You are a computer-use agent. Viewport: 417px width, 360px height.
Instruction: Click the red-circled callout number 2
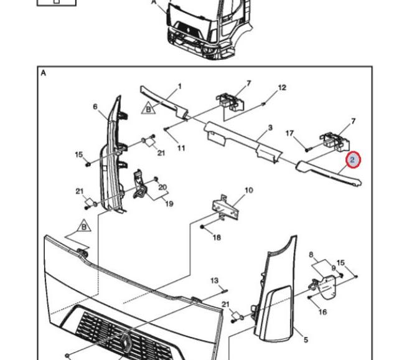pyautogui.click(x=353, y=159)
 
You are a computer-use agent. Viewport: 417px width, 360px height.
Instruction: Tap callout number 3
pyautogui.click(x=270, y=128)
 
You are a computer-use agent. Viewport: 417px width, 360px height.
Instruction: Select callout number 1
pyautogui.click(x=179, y=87)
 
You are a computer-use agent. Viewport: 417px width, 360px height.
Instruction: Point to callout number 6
pyautogui.click(x=95, y=107)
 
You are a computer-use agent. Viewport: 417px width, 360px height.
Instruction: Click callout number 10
pyautogui.click(x=249, y=190)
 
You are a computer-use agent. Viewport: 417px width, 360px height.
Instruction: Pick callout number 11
pyautogui.click(x=181, y=148)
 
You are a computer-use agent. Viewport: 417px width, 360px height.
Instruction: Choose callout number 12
pyautogui.click(x=282, y=88)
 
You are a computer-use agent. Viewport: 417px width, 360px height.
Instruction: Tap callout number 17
pyautogui.click(x=289, y=133)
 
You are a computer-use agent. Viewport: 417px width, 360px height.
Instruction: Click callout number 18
pyautogui.click(x=217, y=237)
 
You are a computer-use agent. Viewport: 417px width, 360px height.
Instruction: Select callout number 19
pyautogui.click(x=169, y=204)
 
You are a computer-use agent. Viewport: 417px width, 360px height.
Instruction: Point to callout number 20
pyautogui.click(x=162, y=187)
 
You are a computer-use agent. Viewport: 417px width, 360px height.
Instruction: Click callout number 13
pyautogui.click(x=214, y=280)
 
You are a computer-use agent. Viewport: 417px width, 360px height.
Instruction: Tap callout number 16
pyautogui.click(x=322, y=312)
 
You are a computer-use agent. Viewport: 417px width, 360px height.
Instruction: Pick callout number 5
pyautogui.click(x=306, y=339)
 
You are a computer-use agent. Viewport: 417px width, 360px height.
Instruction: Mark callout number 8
pyautogui.click(x=311, y=255)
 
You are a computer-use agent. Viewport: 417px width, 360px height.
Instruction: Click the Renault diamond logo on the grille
pyautogui.click(x=126, y=341)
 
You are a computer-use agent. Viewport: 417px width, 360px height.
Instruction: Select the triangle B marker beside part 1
pyautogui.click(x=148, y=108)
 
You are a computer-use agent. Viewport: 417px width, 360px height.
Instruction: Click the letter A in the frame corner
pyautogui.click(x=44, y=73)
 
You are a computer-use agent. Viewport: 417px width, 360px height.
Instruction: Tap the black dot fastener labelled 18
pyautogui.click(x=202, y=227)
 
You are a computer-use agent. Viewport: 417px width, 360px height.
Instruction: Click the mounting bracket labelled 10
pyautogui.click(x=225, y=207)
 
